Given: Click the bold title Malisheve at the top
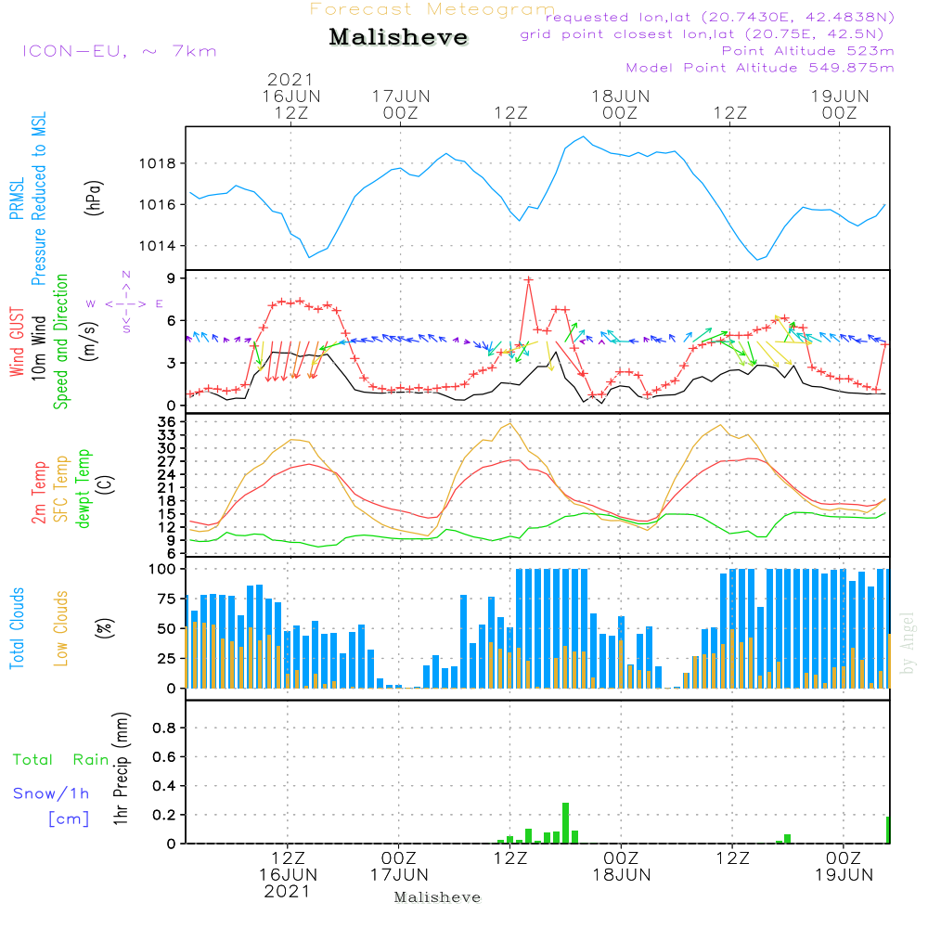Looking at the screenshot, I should click(x=398, y=37).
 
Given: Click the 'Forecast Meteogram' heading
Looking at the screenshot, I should click(x=432, y=9).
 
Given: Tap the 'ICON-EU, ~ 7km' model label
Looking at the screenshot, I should click(x=119, y=51).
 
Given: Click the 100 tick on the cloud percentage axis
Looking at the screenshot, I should click(x=162, y=568).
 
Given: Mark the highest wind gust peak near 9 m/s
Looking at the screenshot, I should click(x=529, y=279).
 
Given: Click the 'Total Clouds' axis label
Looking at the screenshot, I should click(x=17, y=628).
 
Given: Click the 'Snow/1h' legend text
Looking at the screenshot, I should click(x=52, y=793).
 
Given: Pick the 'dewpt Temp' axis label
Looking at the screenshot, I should click(x=84, y=489).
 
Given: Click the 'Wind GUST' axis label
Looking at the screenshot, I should click(x=17, y=342).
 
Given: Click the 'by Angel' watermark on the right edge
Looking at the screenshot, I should click(x=909, y=644).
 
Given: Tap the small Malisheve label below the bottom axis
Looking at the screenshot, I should click(x=437, y=897).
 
